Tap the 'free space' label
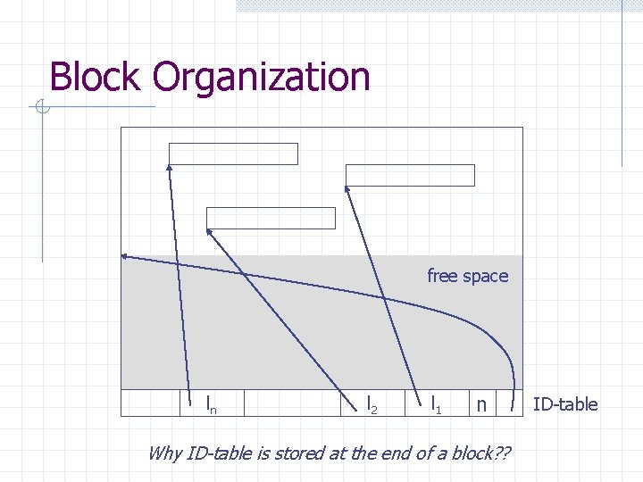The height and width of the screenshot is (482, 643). click(467, 276)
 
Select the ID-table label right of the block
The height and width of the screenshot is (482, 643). click(565, 404)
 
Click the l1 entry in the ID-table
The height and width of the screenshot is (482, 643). click(436, 404)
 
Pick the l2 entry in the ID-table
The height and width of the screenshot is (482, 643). click(372, 404)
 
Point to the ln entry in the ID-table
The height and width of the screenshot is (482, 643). click(211, 405)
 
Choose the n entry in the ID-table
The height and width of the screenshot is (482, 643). click(480, 405)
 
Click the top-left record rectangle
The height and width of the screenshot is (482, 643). click(234, 154)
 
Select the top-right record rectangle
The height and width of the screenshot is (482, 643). click(411, 175)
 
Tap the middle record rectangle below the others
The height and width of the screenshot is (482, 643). click(271, 218)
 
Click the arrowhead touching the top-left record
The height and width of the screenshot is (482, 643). click(170, 167)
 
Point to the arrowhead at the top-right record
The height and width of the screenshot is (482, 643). click(347, 188)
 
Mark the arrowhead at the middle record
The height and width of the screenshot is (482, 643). click(209, 231)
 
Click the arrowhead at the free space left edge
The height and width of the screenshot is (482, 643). click(125, 256)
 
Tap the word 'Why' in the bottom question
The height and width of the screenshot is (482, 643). click(163, 453)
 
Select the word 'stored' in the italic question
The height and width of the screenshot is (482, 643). click(278, 453)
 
